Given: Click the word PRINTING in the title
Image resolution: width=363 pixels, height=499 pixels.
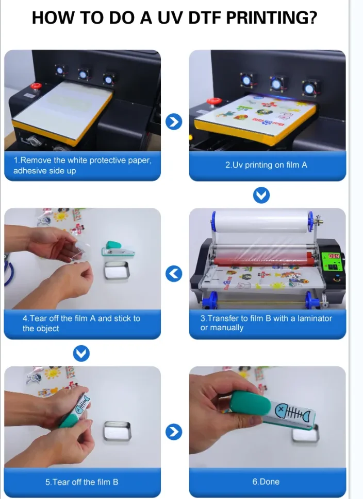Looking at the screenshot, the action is [x=271, y=17].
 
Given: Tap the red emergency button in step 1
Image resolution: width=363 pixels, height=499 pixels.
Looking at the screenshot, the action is [x=36, y=86].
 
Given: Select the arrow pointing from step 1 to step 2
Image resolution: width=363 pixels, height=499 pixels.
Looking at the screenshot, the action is [x=174, y=121].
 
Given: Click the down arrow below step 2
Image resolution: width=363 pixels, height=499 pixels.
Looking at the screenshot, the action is [x=261, y=195].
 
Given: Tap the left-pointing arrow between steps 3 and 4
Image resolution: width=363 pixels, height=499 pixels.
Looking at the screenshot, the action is [x=174, y=274].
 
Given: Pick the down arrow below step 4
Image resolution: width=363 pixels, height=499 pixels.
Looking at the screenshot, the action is [x=81, y=353].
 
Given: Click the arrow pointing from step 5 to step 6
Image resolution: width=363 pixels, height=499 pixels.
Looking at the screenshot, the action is [x=174, y=432].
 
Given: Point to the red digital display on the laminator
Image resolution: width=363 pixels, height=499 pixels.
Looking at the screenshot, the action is [x=334, y=256].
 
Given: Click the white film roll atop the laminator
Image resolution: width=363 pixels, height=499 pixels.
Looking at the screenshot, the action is [x=261, y=221].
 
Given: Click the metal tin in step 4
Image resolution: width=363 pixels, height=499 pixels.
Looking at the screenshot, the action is [x=117, y=271].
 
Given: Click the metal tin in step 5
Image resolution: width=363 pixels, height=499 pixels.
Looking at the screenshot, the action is [x=117, y=431].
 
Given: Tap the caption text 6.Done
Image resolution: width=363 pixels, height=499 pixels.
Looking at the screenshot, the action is [x=266, y=482].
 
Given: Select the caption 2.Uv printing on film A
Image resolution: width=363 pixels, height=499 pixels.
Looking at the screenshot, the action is [x=266, y=165].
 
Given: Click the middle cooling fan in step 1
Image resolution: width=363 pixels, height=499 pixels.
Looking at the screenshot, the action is [x=83, y=75].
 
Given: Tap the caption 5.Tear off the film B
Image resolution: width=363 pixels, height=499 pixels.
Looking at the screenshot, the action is [x=81, y=482].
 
